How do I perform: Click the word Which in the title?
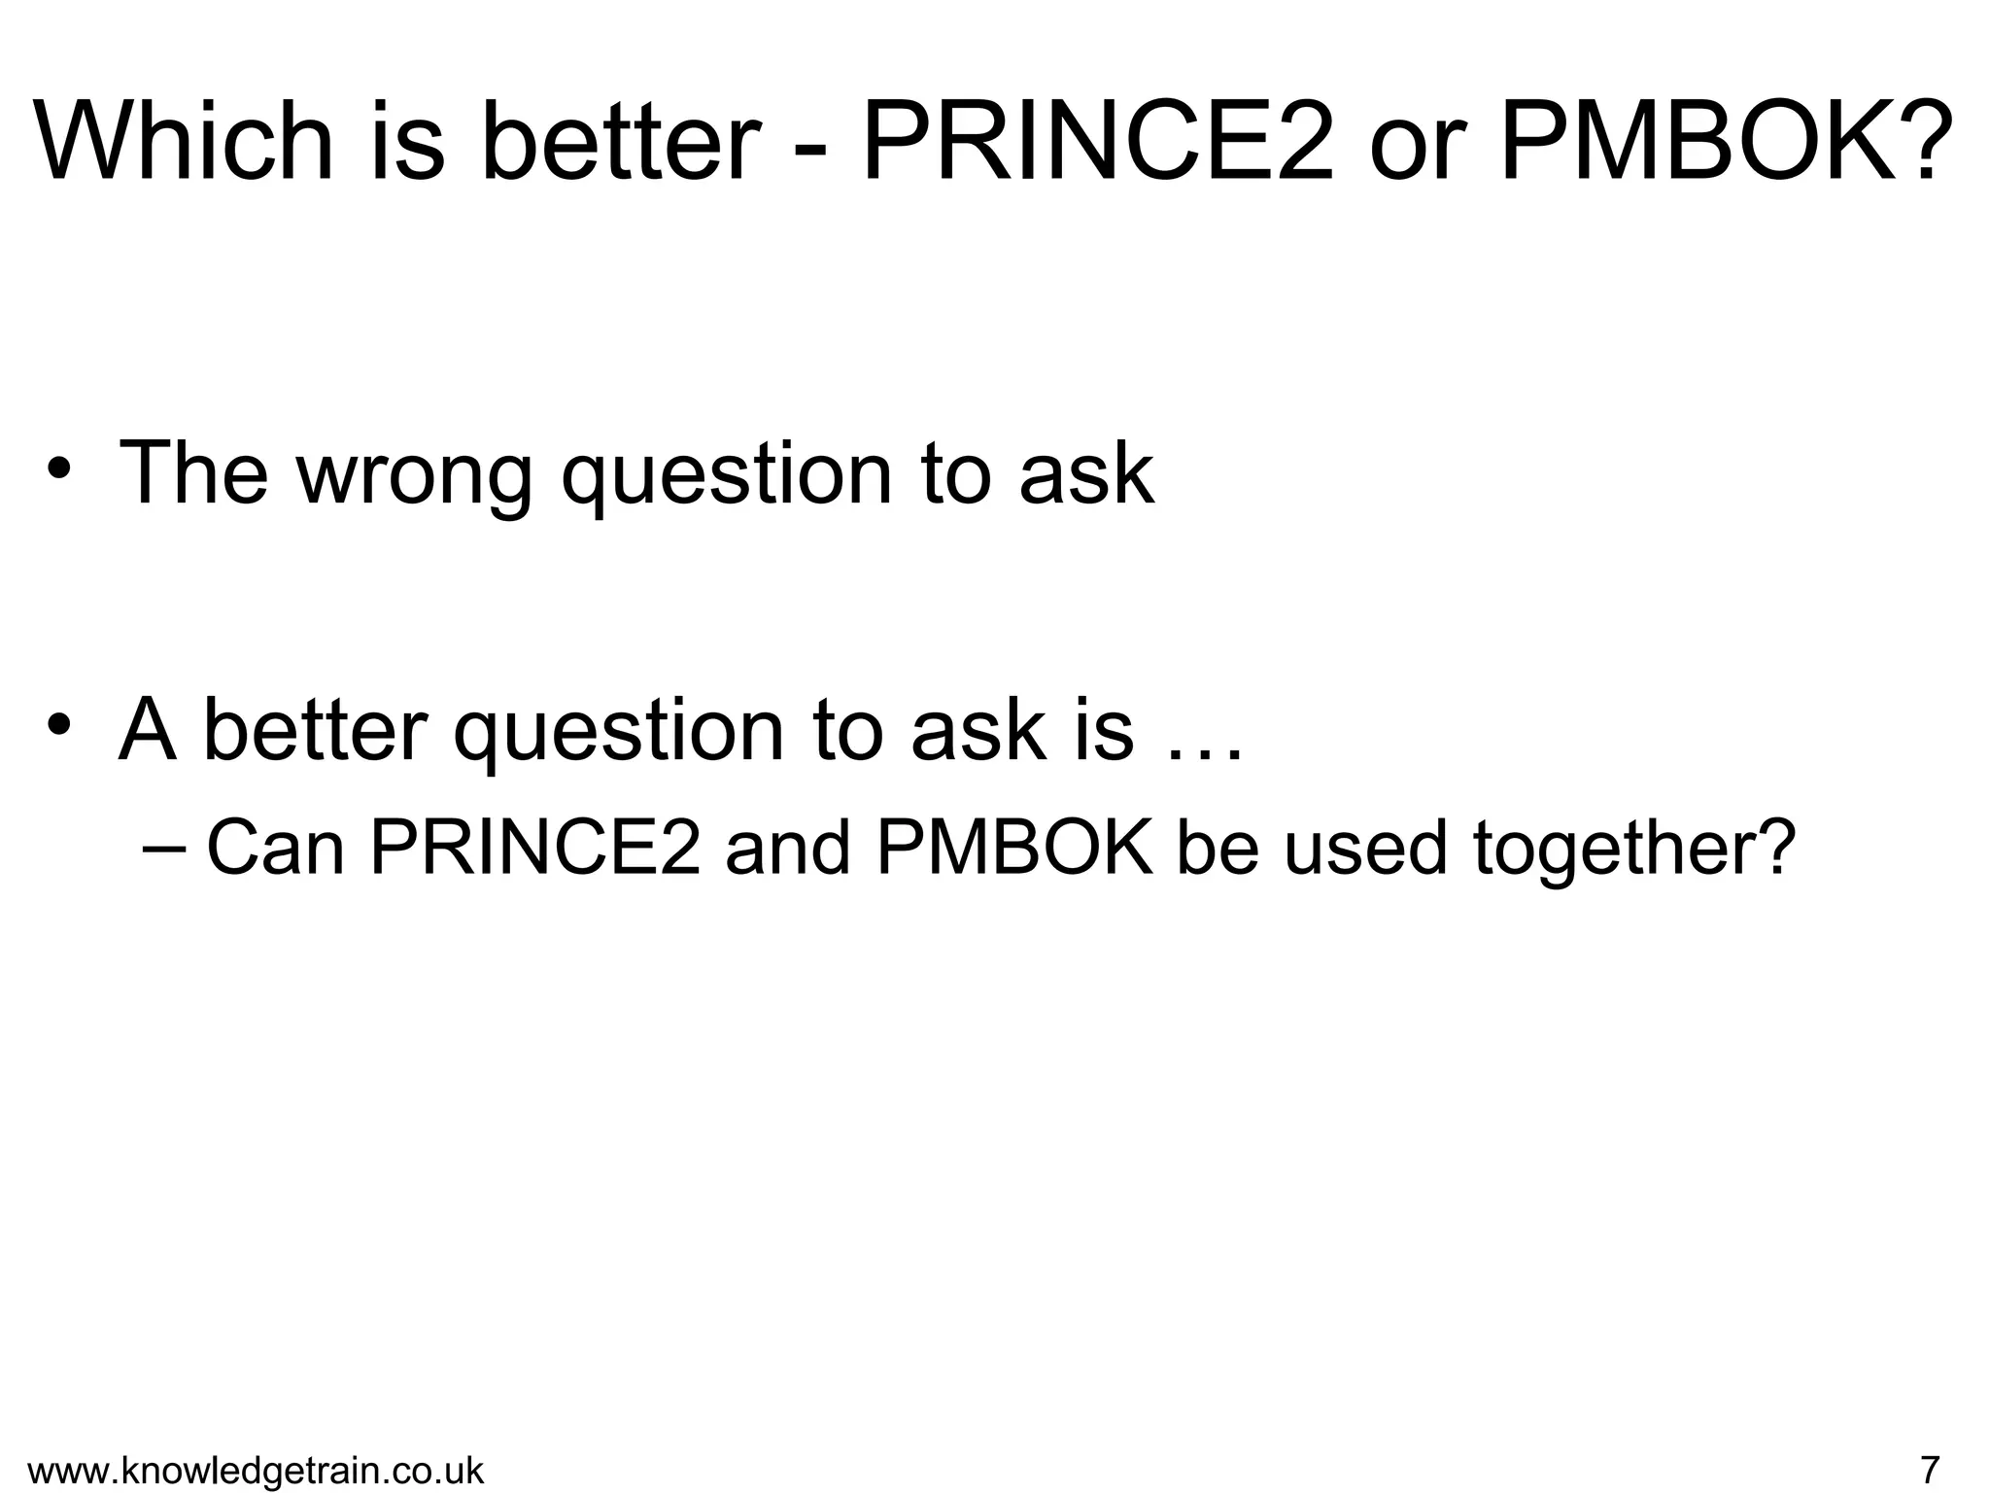click(185, 141)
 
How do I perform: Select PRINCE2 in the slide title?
click(1097, 141)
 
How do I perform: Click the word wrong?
click(415, 473)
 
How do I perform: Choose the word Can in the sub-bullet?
click(276, 848)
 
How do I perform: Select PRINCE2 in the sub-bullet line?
click(534, 848)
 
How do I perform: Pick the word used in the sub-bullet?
click(1365, 848)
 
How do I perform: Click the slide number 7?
click(1930, 1468)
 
